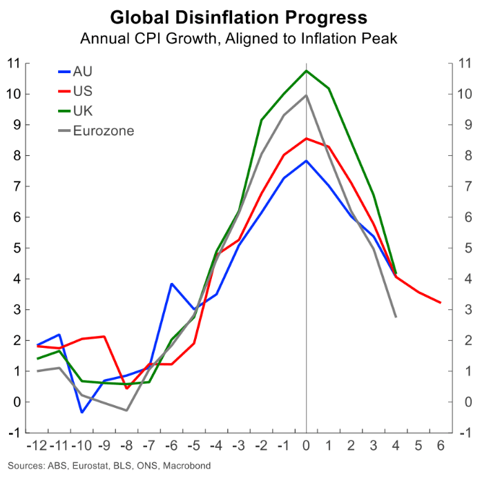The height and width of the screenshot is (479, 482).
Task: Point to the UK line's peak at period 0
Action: (306, 70)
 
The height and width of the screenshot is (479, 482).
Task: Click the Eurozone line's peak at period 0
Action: (306, 95)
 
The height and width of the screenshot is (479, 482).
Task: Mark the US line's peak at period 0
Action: (306, 138)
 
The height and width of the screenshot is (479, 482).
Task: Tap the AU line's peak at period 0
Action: (306, 161)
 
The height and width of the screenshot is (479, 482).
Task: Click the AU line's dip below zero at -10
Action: (82, 412)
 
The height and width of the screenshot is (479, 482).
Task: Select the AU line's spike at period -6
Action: (172, 284)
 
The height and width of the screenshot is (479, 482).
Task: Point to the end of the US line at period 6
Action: (440, 302)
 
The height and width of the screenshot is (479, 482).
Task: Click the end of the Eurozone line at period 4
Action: (395, 317)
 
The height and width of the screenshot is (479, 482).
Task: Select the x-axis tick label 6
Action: (440, 446)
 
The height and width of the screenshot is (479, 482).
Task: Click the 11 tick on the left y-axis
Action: (13, 63)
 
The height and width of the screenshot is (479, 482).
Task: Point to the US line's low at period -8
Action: (127, 388)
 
